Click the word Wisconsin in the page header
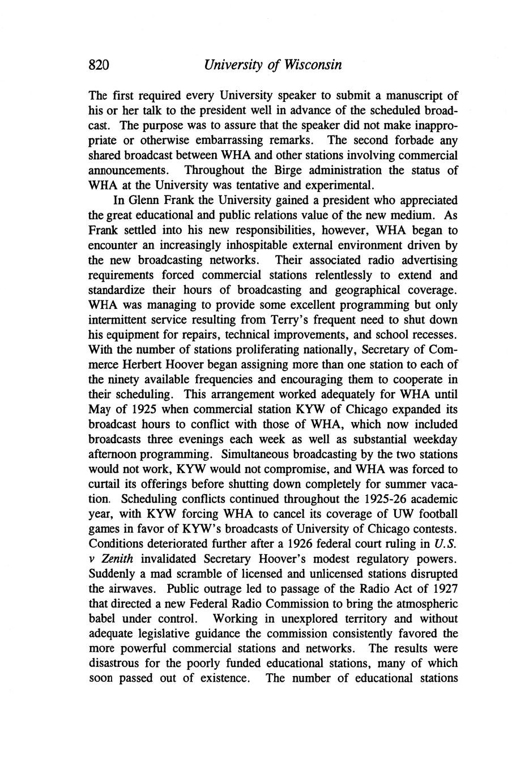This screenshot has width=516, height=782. point(312,65)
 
